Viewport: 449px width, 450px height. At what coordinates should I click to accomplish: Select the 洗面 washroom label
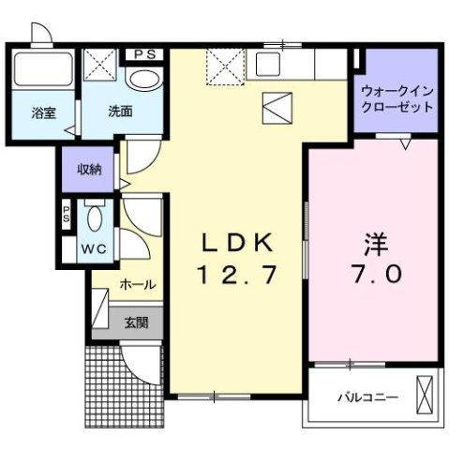119,111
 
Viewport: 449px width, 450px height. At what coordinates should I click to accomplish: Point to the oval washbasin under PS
144,81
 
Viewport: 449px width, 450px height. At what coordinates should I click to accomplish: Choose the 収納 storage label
89,170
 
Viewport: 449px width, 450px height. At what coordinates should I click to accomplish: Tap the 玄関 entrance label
137,322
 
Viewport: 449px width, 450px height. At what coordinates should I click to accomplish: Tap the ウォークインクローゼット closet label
397,98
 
